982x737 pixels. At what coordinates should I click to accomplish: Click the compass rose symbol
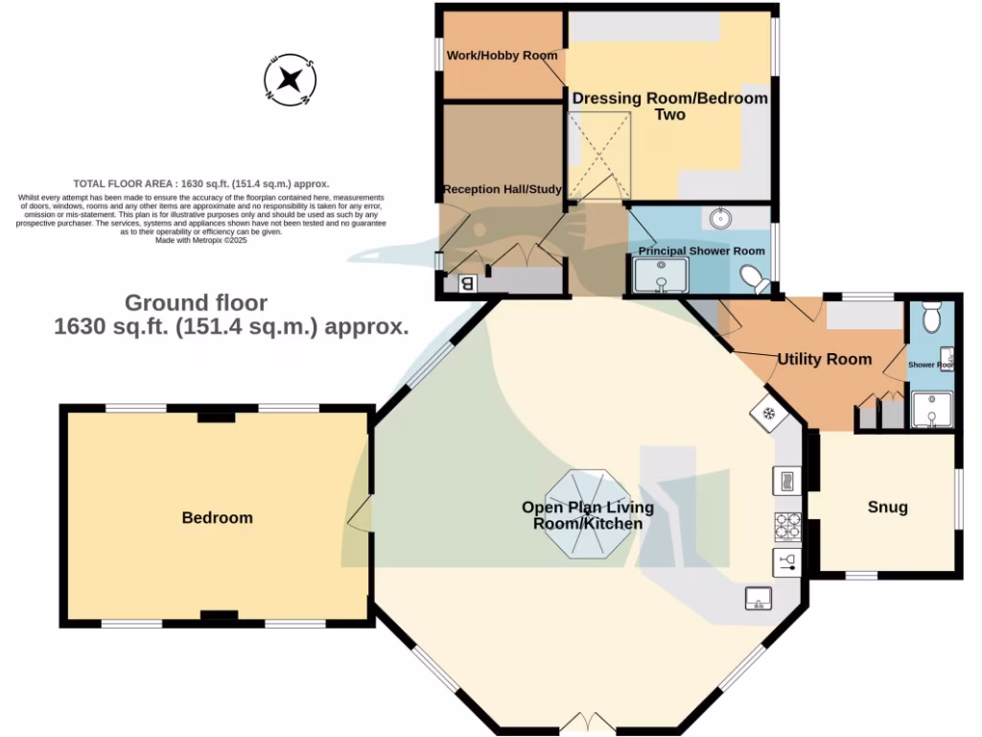(x=290, y=79)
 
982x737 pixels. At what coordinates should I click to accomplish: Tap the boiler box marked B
(x=468, y=283)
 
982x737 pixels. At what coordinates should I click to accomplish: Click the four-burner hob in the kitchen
(x=787, y=525)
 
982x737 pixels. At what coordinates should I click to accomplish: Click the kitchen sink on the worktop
(x=759, y=599)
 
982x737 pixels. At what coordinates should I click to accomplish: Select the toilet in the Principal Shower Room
(x=755, y=279)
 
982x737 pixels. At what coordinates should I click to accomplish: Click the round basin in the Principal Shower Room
(x=721, y=219)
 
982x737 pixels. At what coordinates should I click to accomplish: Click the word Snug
(x=887, y=507)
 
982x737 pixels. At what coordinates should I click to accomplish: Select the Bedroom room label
(x=218, y=517)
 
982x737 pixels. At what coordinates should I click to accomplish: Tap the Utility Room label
(x=824, y=359)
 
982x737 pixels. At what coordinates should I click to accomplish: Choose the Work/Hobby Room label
(x=502, y=56)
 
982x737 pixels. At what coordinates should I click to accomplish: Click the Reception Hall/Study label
(x=502, y=189)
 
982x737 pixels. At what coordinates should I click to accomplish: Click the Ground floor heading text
(x=197, y=303)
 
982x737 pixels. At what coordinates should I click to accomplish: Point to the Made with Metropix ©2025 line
(x=201, y=241)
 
